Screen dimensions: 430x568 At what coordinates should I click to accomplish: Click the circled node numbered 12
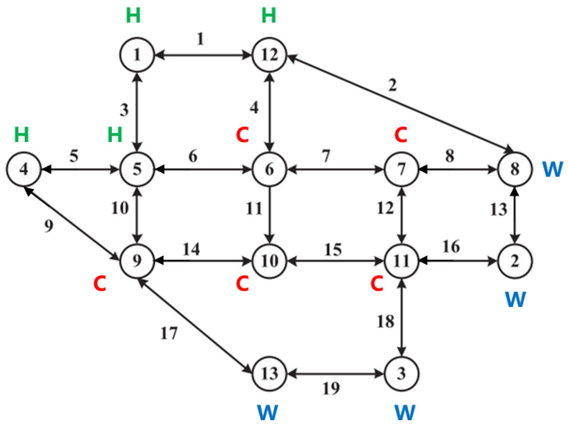point(269,55)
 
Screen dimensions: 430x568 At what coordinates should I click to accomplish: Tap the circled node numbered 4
point(24,169)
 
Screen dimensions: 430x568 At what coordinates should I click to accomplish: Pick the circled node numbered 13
point(269,374)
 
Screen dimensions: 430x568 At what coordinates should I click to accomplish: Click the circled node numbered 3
point(402,374)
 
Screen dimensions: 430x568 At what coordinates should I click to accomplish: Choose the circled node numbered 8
point(515,169)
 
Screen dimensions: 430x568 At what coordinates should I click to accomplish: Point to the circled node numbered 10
point(269,261)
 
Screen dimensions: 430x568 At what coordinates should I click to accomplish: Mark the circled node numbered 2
point(515,261)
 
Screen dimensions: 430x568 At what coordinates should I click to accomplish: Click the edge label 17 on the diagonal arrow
point(169,333)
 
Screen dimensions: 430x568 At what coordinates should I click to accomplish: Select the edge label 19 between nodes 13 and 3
point(331,388)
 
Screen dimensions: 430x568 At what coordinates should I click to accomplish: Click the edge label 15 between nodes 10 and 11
point(333,250)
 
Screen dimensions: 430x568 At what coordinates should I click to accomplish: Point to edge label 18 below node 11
point(385,321)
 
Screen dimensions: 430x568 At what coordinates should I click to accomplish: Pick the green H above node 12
point(269,16)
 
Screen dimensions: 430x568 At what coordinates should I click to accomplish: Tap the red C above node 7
point(401,135)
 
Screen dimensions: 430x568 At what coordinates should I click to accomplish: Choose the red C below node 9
point(100,284)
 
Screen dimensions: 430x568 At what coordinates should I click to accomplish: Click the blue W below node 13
point(268,412)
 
